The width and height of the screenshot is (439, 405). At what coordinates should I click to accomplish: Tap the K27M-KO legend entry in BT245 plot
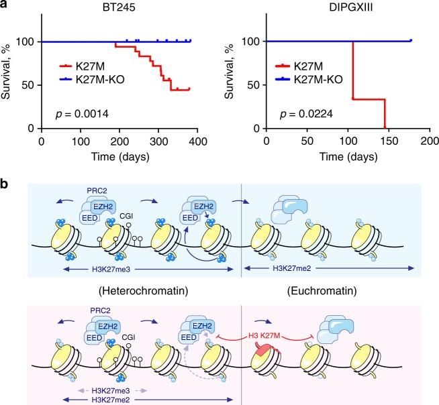[x=99, y=79]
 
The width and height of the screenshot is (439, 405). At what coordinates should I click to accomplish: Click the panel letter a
[x=5, y=6]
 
